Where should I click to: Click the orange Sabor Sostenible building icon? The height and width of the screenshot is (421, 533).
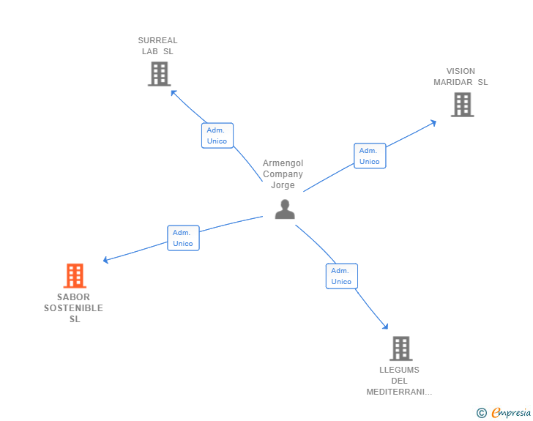click(75, 275)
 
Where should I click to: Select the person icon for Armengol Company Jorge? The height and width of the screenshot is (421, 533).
click(285, 209)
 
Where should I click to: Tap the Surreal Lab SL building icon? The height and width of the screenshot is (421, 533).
click(159, 73)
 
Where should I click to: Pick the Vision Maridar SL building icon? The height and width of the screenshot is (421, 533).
click(462, 105)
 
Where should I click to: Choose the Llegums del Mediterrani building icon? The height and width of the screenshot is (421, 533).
click(400, 349)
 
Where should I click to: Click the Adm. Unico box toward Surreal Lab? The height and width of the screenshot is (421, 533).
click(217, 135)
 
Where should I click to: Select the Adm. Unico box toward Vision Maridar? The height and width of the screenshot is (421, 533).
click(370, 156)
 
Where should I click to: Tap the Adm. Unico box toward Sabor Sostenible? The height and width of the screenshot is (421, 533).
click(183, 238)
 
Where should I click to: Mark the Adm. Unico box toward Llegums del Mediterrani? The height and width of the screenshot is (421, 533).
click(341, 276)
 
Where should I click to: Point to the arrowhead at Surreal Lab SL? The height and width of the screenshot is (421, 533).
click(173, 92)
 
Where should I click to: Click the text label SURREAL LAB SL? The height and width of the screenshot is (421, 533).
click(158, 46)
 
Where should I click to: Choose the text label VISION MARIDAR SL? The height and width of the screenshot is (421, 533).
click(461, 77)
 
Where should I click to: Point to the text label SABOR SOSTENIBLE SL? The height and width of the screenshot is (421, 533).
click(73, 308)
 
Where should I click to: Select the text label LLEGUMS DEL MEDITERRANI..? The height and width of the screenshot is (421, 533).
click(400, 381)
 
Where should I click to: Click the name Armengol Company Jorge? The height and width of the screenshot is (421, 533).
click(283, 174)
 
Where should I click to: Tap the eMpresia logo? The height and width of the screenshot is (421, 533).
click(511, 413)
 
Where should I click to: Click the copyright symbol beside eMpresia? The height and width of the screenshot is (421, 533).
click(482, 413)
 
